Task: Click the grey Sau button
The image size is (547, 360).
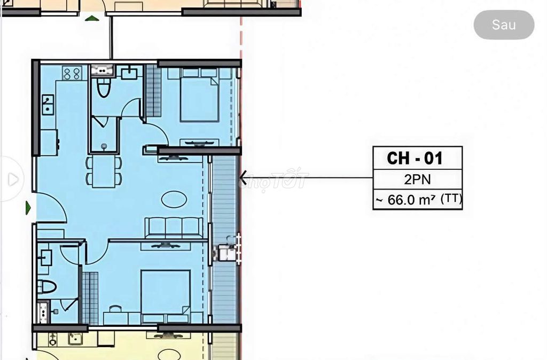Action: point(504,25)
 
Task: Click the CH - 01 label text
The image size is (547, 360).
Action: point(415,158)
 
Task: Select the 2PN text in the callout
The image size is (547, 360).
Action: point(417,179)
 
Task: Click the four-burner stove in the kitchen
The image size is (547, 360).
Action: point(72,73)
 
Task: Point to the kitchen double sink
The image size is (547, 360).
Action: point(48,105)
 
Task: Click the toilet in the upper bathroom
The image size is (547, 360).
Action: point(104,87)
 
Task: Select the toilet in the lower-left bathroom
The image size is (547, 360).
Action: point(46,287)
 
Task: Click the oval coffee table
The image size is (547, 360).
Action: point(174,199)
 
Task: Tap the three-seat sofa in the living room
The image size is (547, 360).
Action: point(174,228)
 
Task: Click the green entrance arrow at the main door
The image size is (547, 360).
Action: point(28,208)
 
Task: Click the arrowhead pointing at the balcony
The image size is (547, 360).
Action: point(243,177)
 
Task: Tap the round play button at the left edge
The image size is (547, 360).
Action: point(13,179)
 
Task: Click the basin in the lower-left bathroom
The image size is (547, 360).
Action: point(45,259)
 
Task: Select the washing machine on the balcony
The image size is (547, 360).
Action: point(226,252)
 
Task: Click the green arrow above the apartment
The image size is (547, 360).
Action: point(92,18)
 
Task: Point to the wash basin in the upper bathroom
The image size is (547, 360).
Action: point(129,73)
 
